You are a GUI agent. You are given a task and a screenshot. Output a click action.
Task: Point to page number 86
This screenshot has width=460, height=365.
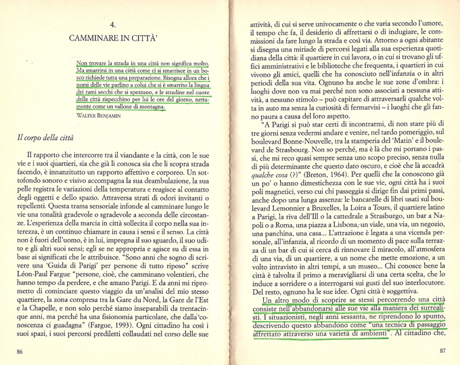click(20, 351)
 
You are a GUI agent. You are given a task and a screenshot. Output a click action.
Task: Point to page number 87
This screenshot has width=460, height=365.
click(442, 351)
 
